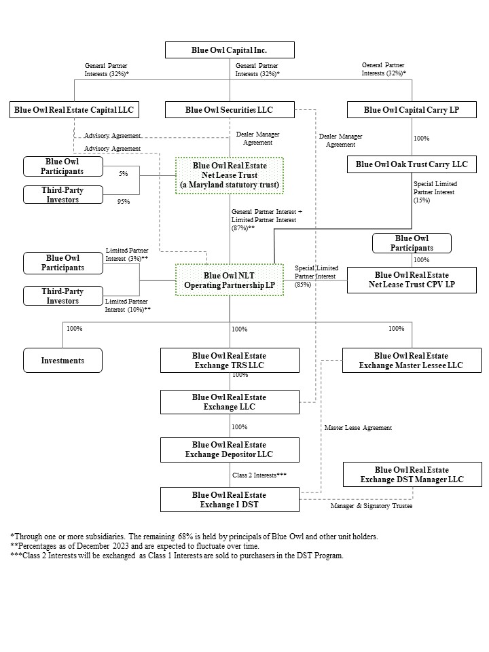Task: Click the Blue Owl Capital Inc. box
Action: [230, 50]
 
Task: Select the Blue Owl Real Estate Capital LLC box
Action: [73, 110]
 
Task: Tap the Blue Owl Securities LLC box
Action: [230, 110]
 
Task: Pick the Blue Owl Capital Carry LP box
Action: [412, 110]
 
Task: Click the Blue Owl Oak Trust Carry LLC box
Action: [412, 164]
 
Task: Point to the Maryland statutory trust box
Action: [230, 175]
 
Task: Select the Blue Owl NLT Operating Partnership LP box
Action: [230, 280]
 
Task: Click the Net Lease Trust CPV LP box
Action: [412, 280]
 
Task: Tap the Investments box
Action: [62, 361]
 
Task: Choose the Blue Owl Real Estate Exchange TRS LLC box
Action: [230, 361]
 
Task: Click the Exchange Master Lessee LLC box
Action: [412, 361]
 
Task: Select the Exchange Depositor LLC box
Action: [230, 450]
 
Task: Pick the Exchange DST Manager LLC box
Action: [412, 475]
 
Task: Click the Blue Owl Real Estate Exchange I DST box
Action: [230, 500]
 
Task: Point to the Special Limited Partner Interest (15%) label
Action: [435, 192]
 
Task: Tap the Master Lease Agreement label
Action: [358, 428]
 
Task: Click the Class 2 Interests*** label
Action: [259, 475]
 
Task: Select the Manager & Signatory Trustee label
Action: [372, 507]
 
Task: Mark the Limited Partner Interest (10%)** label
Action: [128, 305]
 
